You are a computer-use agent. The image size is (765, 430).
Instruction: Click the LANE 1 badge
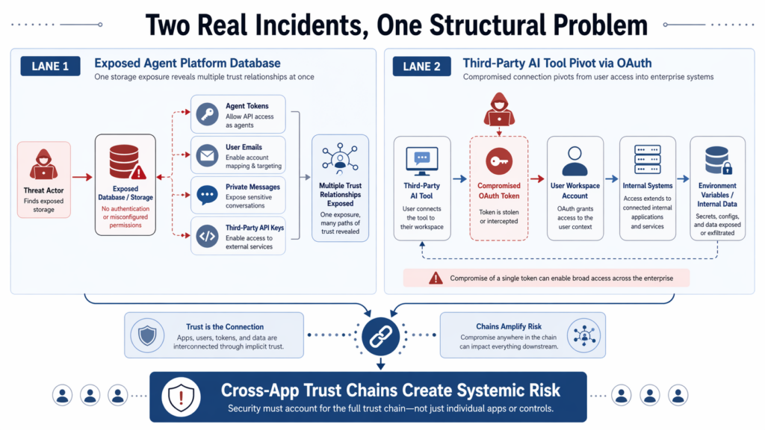click(x=50, y=66)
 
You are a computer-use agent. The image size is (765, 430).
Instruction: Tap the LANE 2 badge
click(x=421, y=66)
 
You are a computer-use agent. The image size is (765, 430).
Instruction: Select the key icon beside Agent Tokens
click(x=207, y=115)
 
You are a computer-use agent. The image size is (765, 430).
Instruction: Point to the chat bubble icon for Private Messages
click(x=207, y=196)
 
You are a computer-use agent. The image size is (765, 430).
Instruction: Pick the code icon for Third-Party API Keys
click(x=207, y=237)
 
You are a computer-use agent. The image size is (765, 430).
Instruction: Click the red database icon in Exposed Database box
click(x=123, y=161)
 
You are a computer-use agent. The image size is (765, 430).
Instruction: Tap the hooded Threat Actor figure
click(x=43, y=165)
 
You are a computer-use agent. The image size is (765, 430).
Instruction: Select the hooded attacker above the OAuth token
click(x=498, y=110)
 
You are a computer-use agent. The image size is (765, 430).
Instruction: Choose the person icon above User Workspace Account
click(x=574, y=160)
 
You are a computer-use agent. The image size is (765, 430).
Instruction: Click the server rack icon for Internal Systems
click(x=647, y=160)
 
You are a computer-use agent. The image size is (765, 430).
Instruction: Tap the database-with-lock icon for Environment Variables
click(x=717, y=160)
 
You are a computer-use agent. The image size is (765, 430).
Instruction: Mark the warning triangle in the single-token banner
click(x=436, y=278)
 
